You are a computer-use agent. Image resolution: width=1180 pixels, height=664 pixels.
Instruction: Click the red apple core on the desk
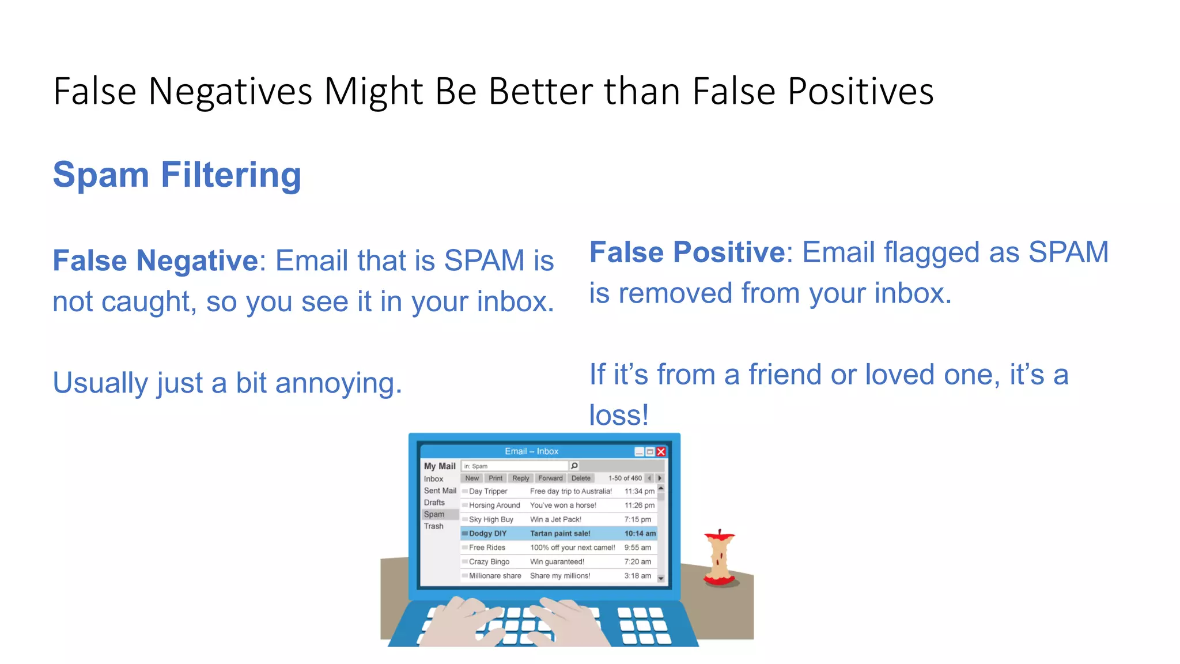coord(719,558)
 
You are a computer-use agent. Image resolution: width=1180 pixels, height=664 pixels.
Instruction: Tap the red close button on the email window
coord(661,452)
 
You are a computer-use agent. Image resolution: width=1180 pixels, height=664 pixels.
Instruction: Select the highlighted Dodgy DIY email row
coord(559,534)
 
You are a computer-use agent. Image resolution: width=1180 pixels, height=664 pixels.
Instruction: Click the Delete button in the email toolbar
coord(581,478)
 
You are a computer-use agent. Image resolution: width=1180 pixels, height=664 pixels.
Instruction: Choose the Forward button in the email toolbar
coord(550,478)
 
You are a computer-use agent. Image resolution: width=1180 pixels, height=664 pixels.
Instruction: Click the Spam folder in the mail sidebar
coord(434,514)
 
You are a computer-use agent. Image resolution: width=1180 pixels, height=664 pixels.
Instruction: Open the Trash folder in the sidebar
coord(434,526)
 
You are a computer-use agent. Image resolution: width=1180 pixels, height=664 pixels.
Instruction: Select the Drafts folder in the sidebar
coord(434,503)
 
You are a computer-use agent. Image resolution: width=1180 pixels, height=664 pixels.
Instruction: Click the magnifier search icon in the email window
coord(574,466)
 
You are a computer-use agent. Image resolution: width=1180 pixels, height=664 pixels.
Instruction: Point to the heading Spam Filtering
coord(177,175)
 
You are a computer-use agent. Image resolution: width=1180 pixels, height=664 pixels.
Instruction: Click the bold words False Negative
coord(155,261)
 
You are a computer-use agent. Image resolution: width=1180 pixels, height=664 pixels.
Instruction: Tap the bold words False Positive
coord(687,252)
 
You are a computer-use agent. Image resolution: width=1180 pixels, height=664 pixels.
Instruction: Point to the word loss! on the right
coord(619,415)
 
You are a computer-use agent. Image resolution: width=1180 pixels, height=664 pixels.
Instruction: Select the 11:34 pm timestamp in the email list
coord(640,492)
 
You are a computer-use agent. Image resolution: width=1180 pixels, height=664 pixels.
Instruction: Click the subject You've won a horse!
coord(563,505)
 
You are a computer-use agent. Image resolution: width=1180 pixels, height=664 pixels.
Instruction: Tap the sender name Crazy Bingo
coord(489,562)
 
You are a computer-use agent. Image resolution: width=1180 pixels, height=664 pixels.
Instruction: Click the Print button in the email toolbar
coord(496,478)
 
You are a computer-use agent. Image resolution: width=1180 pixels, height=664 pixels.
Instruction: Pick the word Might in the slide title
coord(373,92)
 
